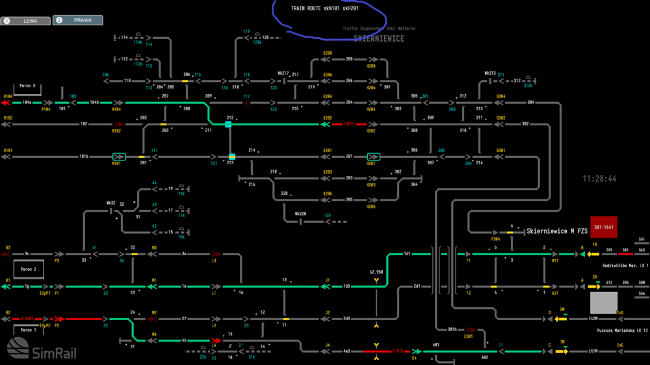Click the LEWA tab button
point(27,21)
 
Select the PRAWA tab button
point(78,20)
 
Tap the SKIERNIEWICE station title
point(379,39)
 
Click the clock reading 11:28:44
point(599,179)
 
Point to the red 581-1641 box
point(603,227)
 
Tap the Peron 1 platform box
point(27,330)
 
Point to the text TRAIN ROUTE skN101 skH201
point(325,9)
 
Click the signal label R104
point(8,96)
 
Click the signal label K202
point(328,118)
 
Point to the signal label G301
point(500,151)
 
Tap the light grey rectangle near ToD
point(603,303)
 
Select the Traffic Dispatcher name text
point(379,29)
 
